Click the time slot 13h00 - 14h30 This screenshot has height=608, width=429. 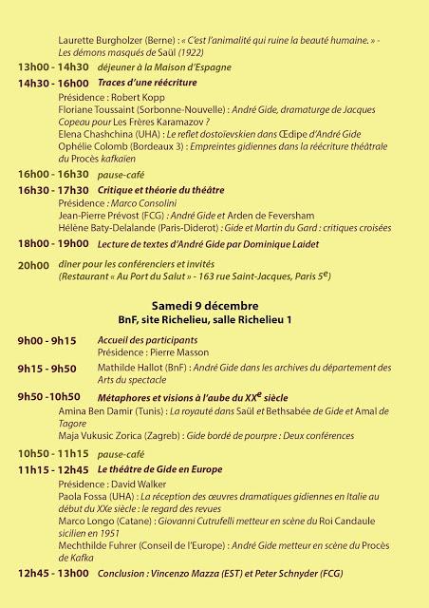[53, 68]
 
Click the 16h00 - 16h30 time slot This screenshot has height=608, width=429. [53, 175]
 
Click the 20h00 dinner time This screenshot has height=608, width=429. [32, 266]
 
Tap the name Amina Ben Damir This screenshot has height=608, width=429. [99, 413]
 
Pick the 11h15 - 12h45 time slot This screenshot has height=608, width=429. [53, 470]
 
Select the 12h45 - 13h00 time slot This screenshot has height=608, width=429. [53, 574]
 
